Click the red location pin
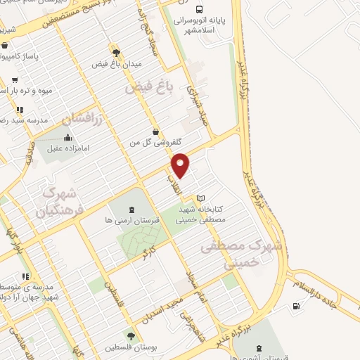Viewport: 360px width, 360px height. coord(181,165)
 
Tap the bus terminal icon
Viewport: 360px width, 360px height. coord(200,11)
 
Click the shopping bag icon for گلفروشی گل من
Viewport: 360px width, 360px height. coord(155,131)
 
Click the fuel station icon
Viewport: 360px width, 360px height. coord(295,306)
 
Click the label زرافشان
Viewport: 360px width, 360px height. coord(84,117)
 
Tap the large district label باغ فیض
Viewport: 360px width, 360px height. coord(148,88)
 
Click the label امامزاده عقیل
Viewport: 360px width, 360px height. coord(68,148)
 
